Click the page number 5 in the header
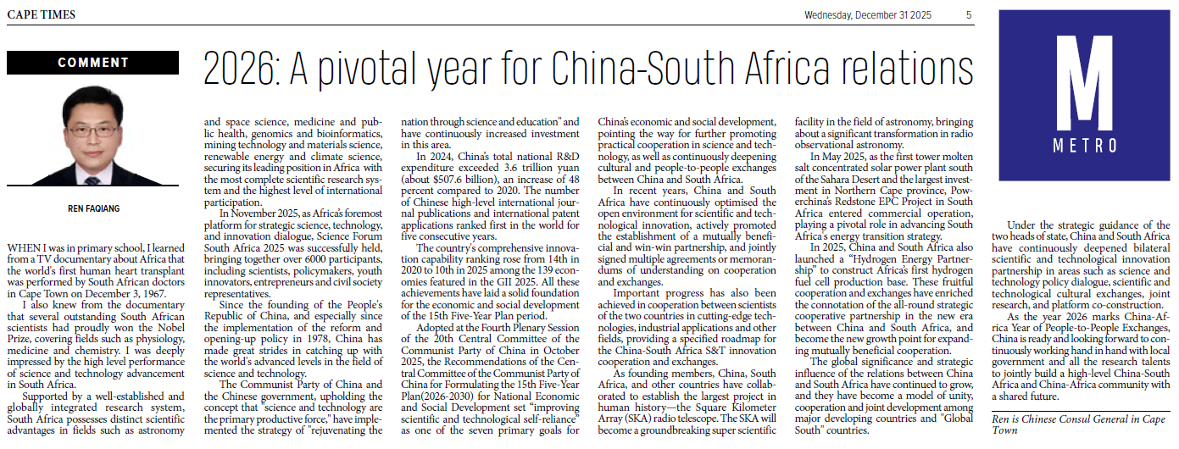pos(969,14)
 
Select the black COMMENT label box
pos(92,63)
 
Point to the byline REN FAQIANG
pos(92,208)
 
